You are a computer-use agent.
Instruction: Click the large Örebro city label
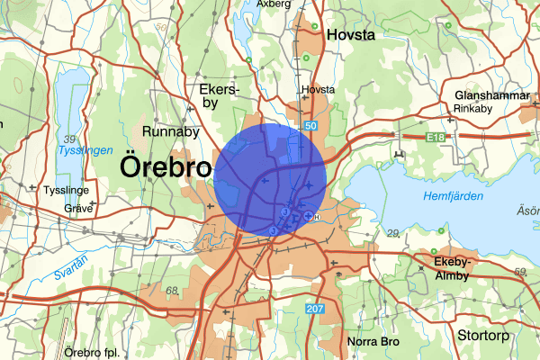tap(166, 167)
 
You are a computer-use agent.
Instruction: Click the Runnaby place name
tap(170, 132)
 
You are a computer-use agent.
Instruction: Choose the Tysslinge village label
tap(66, 192)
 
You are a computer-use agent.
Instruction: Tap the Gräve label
tap(78, 206)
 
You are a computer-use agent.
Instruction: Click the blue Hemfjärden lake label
tap(453, 195)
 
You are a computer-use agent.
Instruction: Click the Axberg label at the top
tap(274, 4)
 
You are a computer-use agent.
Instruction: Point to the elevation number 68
tap(172, 291)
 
